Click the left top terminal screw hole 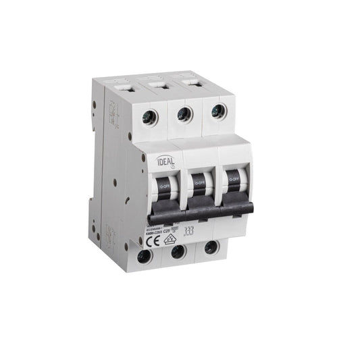(150, 118)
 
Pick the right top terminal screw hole (217, 111)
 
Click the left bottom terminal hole (143, 256)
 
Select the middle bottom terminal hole (178, 252)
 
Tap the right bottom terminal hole (211, 248)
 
